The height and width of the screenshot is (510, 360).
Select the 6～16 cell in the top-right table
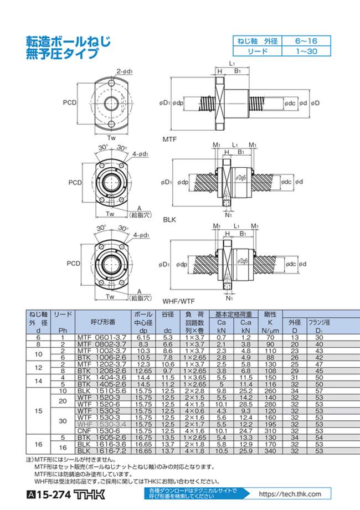pos(306,41)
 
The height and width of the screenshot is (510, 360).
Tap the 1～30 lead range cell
pos(306,51)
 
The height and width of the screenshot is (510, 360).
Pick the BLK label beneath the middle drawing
pos(169,219)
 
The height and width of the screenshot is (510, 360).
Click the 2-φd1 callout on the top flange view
pos(124,70)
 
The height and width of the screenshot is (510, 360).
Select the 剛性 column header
pos(270,314)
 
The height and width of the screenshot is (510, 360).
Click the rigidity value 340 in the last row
pos(270,451)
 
